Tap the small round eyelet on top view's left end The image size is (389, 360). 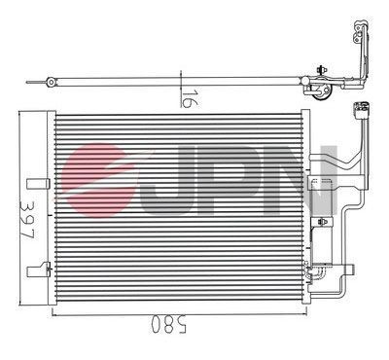[x=48, y=85]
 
